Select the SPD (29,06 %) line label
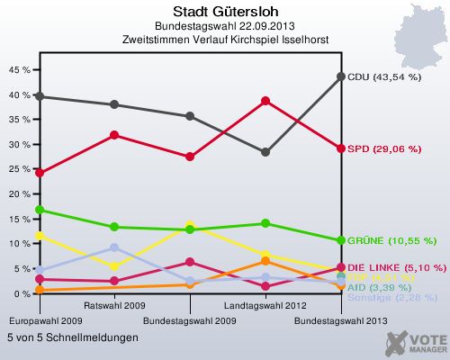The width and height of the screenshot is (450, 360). click(x=384, y=148)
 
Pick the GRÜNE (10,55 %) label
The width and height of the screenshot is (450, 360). click(x=391, y=241)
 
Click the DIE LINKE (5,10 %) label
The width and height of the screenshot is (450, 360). click(x=396, y=267)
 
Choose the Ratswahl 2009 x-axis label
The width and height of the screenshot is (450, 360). click(x=114, y=307)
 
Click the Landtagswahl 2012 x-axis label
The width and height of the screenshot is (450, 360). click(x=265, y=307)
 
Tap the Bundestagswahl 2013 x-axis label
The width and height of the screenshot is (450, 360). click(x=341, y=320)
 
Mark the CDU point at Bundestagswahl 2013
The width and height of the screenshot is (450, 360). click(x=341, y=76)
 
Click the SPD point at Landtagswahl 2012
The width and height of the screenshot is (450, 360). click(x=265, y=101)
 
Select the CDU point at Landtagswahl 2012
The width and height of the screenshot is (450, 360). click(x=265, y=152)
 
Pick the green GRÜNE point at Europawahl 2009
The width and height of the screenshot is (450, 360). click(x=39, y=210)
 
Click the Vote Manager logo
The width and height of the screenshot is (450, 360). click(x=415, y=342)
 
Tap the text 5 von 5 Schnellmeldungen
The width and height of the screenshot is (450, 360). click(x=72, y=337)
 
